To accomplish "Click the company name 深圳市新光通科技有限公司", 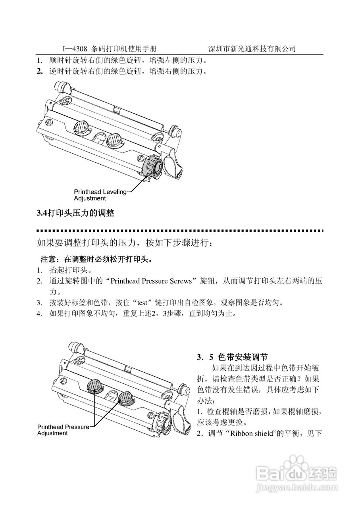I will point(252,49).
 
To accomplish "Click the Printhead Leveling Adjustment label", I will point(100,195).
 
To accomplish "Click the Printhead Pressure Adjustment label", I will point(63,430).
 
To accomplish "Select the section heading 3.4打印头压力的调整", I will point(76,214).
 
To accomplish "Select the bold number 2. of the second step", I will point(40,71).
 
